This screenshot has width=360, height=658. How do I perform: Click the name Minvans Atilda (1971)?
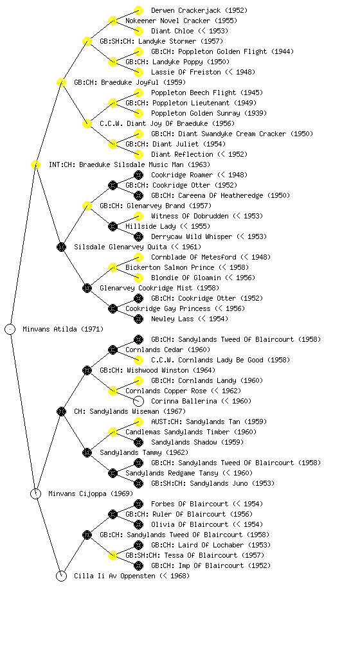(63, 330)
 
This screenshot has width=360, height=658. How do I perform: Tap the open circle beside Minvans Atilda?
(10, 330)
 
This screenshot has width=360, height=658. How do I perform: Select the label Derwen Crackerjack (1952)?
(199, 10)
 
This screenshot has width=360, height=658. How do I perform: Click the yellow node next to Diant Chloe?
(138, 31)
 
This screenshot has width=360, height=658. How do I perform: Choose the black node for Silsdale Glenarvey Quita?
(61, 247)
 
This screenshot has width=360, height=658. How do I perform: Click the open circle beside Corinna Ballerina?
(138, 401)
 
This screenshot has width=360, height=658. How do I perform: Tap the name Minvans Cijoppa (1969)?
(91, 494)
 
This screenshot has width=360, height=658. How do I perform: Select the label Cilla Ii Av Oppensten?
(114, 576)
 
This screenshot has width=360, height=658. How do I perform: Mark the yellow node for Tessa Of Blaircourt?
(113, 556)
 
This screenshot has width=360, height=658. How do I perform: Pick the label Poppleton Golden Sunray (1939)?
(209, 113)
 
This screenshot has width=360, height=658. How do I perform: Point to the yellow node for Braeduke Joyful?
(61, 83)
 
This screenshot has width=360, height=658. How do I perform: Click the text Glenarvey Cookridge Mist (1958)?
(159, 289)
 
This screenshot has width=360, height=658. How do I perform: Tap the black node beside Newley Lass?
(138, 319)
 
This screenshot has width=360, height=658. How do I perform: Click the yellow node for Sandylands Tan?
(138, 422)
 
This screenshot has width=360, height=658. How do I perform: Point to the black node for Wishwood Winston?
(87, 371)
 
